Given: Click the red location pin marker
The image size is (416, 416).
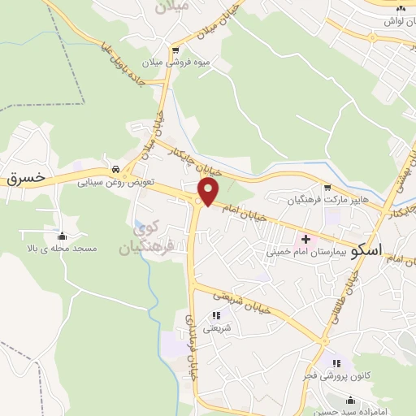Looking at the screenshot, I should tap(209, 193).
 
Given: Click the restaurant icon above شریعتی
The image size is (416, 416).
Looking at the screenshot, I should tap(216, 315).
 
